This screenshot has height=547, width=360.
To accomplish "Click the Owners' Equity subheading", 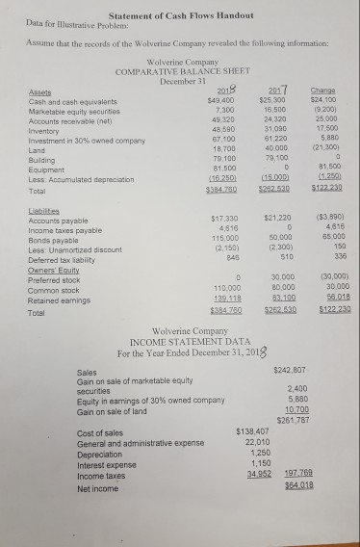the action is tap(53, 269).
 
